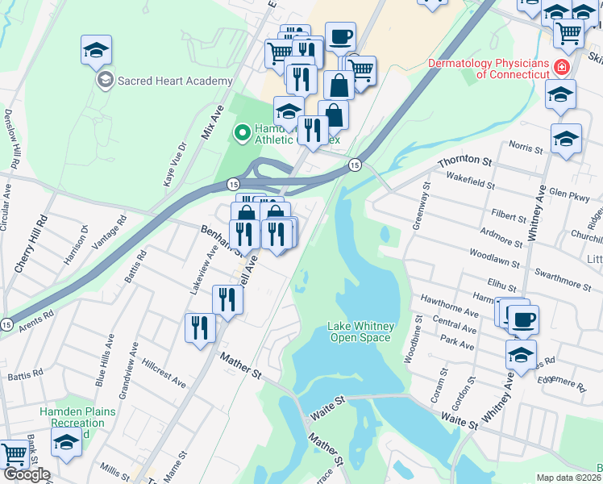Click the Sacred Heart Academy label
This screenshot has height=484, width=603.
point(175,81)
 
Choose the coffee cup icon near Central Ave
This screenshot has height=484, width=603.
point(522,319)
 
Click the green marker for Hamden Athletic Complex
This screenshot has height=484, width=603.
point(241,131)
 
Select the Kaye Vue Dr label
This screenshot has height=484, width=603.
point(176,164)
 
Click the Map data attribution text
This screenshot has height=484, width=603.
point(569,478)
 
